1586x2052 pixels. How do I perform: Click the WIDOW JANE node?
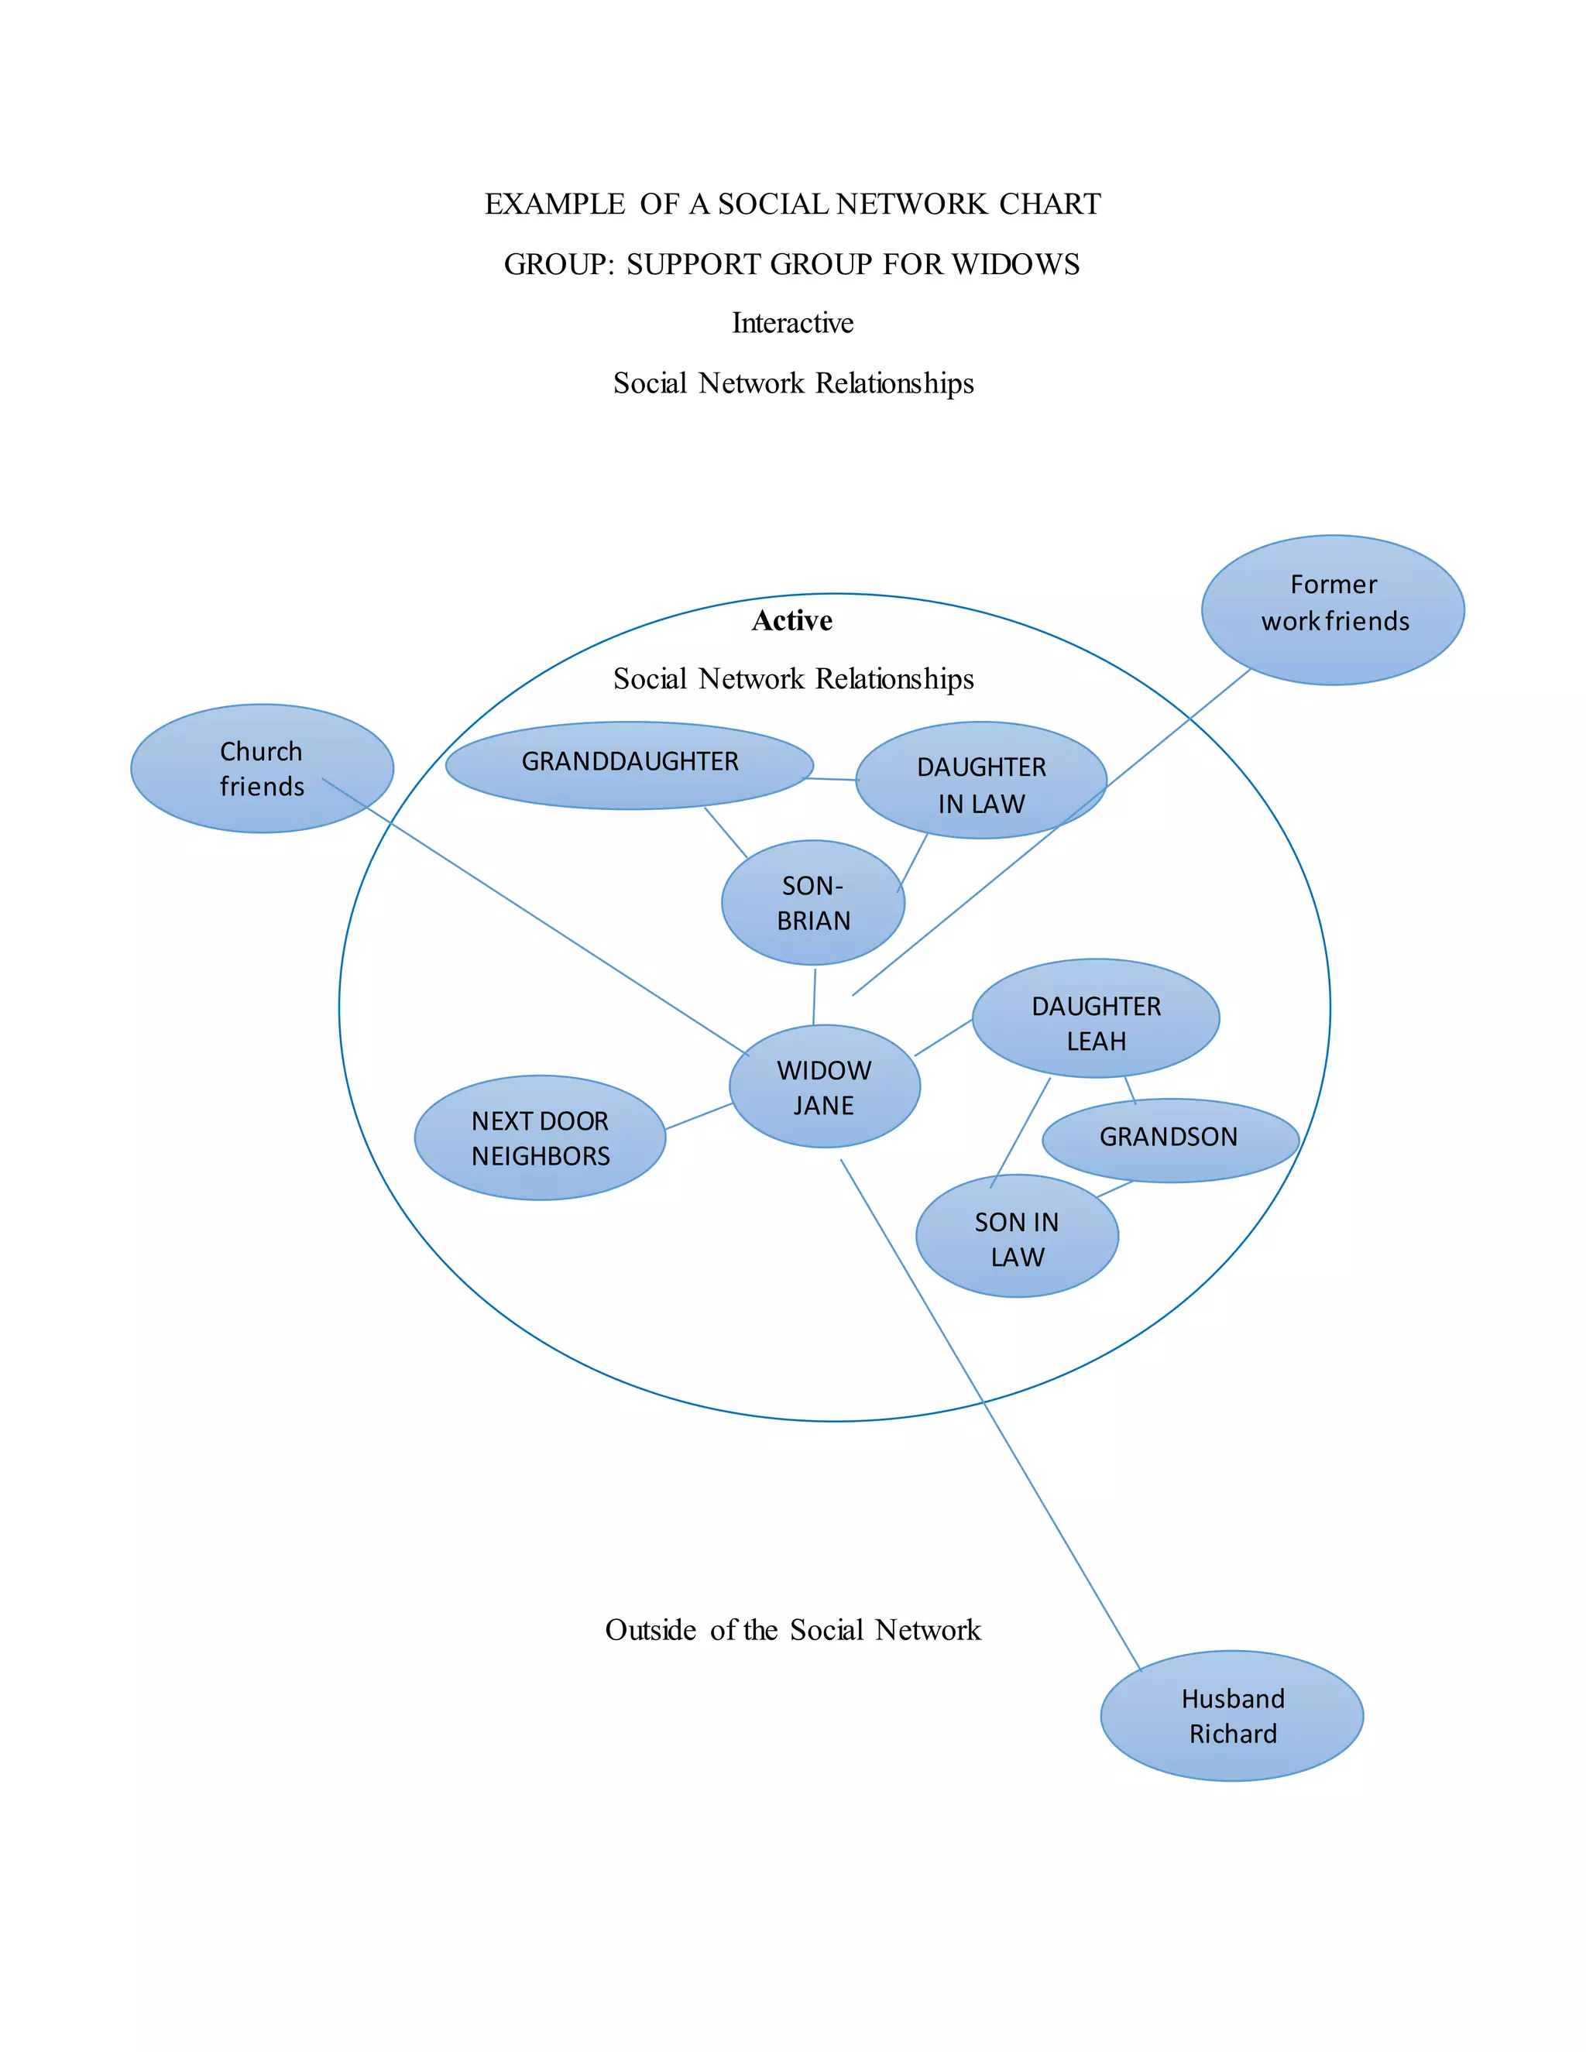tap(824, 1087)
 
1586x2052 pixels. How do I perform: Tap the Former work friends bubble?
tap(1332, 609)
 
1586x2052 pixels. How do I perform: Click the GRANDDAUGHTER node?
tap(629, 765)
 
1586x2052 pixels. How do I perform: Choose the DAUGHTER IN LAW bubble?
tap(981, 781)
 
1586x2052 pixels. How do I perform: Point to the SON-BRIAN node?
tap(812, 903)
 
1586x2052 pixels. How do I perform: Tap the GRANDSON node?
tap(1170, 1140)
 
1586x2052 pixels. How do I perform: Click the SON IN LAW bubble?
tap(1017, 1237)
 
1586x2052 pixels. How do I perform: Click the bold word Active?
tap(791, 621)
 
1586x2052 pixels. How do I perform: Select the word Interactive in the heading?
tap(792, 323)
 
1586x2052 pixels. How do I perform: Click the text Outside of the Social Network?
tap(792, 1629)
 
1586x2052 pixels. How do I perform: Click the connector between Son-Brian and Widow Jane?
tap(815, 996)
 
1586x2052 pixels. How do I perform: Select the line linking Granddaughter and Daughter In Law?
tap(832, 779)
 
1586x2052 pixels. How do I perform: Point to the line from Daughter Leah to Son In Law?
tap(1021, 1131)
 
